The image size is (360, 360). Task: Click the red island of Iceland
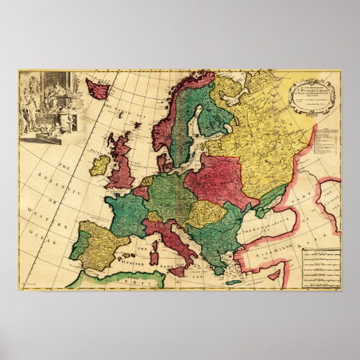[96, 88]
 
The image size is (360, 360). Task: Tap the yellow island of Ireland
[100, 165]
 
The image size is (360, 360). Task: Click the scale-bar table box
[321, 268]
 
